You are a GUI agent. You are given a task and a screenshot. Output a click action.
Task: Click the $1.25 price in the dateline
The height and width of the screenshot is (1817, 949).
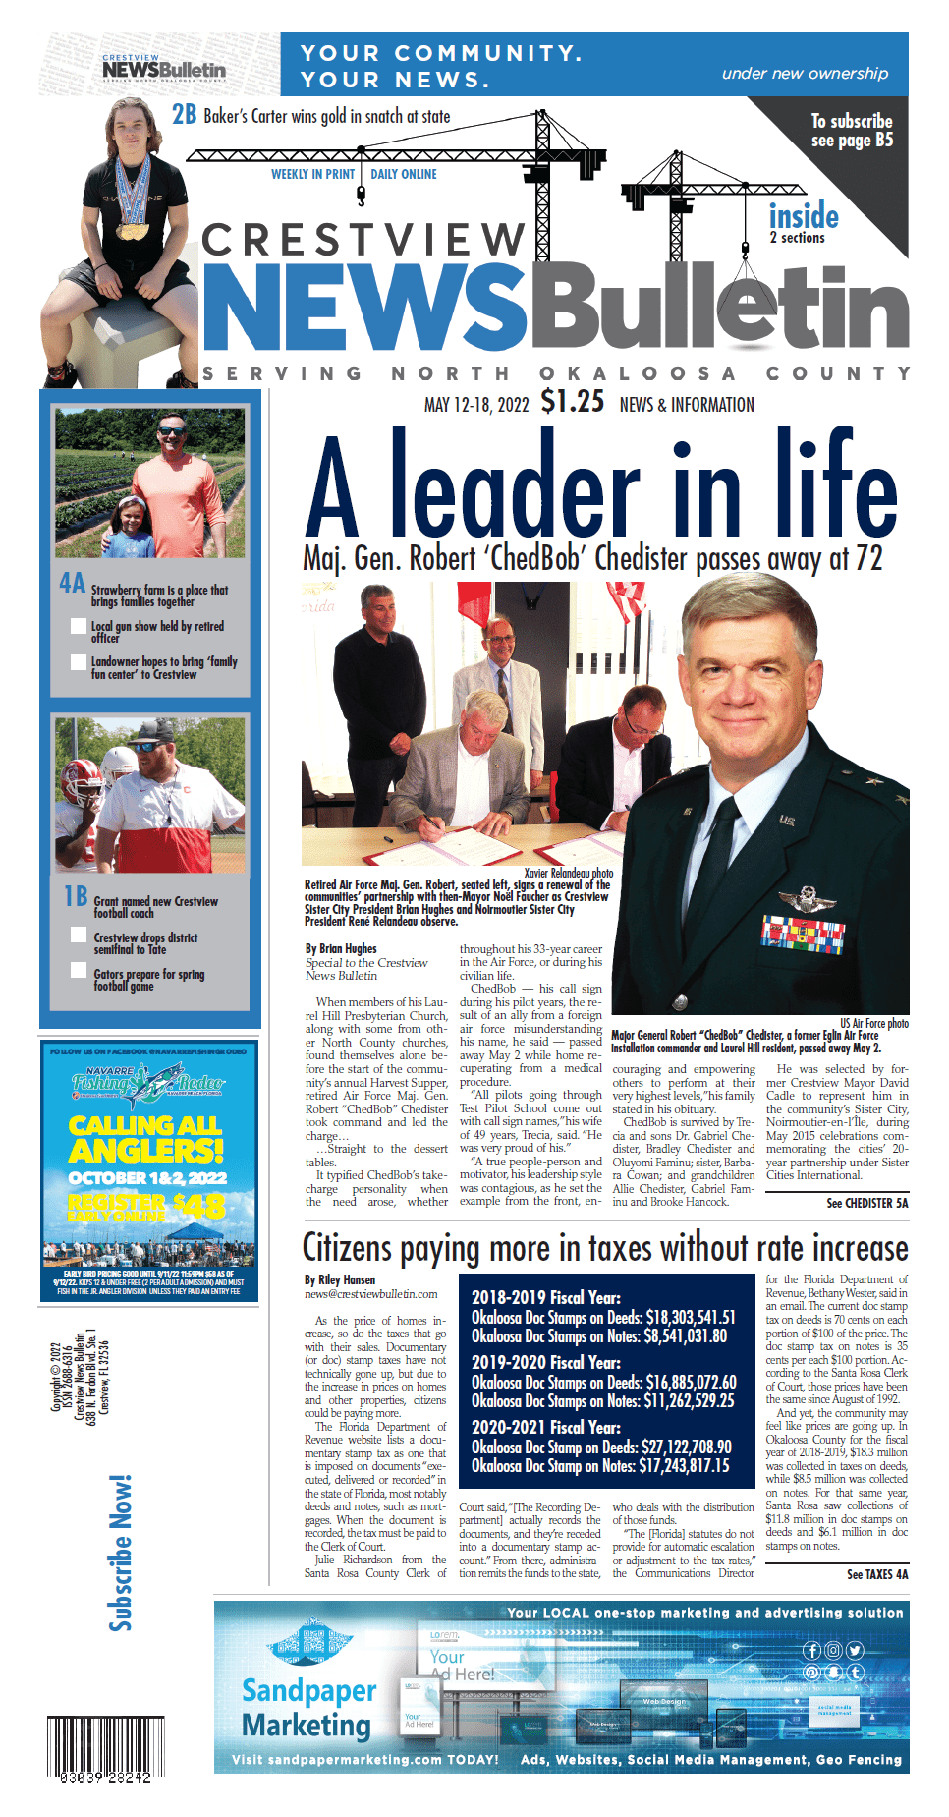point(572,402)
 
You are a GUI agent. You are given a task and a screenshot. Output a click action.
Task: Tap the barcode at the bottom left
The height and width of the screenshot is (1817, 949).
point(99,1750)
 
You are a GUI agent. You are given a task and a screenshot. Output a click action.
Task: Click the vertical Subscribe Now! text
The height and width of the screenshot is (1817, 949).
point(121,1553)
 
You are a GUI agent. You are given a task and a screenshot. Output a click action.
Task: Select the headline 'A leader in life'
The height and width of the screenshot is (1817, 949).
point(601,485)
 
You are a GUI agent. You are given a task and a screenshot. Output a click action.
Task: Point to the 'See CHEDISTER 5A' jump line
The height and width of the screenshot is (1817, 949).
point(866,1203)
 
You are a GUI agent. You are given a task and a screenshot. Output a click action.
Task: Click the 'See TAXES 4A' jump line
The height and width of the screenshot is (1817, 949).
point(876,1574)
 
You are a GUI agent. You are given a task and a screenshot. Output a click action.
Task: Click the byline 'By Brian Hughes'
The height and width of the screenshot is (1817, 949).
point(341,948)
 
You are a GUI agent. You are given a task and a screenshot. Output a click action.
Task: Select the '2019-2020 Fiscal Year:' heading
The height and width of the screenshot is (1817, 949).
point(545,1362)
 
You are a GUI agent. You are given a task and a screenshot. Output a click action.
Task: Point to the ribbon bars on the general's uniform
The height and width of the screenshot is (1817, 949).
point(802,934)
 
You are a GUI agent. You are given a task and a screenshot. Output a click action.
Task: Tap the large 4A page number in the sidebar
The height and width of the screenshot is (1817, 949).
point(73,583)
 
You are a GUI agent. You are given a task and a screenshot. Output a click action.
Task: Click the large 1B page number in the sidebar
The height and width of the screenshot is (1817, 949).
point(76,896)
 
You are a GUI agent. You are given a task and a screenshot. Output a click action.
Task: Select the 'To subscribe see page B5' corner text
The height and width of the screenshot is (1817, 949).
point(852,131)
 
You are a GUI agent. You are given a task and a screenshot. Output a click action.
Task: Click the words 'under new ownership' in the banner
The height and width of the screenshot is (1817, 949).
point(805,74)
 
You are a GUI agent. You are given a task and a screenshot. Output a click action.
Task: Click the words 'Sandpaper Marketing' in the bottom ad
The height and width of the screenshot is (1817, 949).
point(308,1708)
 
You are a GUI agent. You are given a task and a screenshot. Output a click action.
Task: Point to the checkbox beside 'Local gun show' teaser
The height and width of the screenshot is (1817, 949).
point(79,626)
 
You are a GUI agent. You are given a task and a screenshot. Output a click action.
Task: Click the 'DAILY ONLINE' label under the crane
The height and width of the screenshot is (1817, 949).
point(404,174)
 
